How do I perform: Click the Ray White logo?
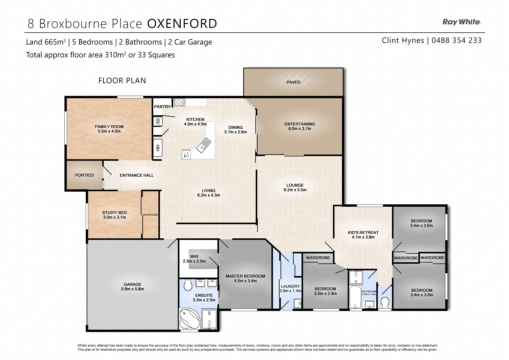click(461, 22)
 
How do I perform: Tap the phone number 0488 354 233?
click(456, 41)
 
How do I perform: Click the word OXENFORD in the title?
click(182, 24)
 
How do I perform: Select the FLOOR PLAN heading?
click(122, 81)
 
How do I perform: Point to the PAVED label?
click(293, 82)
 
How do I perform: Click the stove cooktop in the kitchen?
click(179, 102)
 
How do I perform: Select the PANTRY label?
click(162, 107)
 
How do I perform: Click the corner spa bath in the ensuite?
click(189, 318)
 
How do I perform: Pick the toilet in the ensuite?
click(188, 285)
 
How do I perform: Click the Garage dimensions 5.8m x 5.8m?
click(132, 289)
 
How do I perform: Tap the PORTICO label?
click(84, 175)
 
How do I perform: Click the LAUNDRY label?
click(290, 286)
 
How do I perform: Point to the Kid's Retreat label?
click(363, 232)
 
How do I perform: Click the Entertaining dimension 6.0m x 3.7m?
click(300, 129)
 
